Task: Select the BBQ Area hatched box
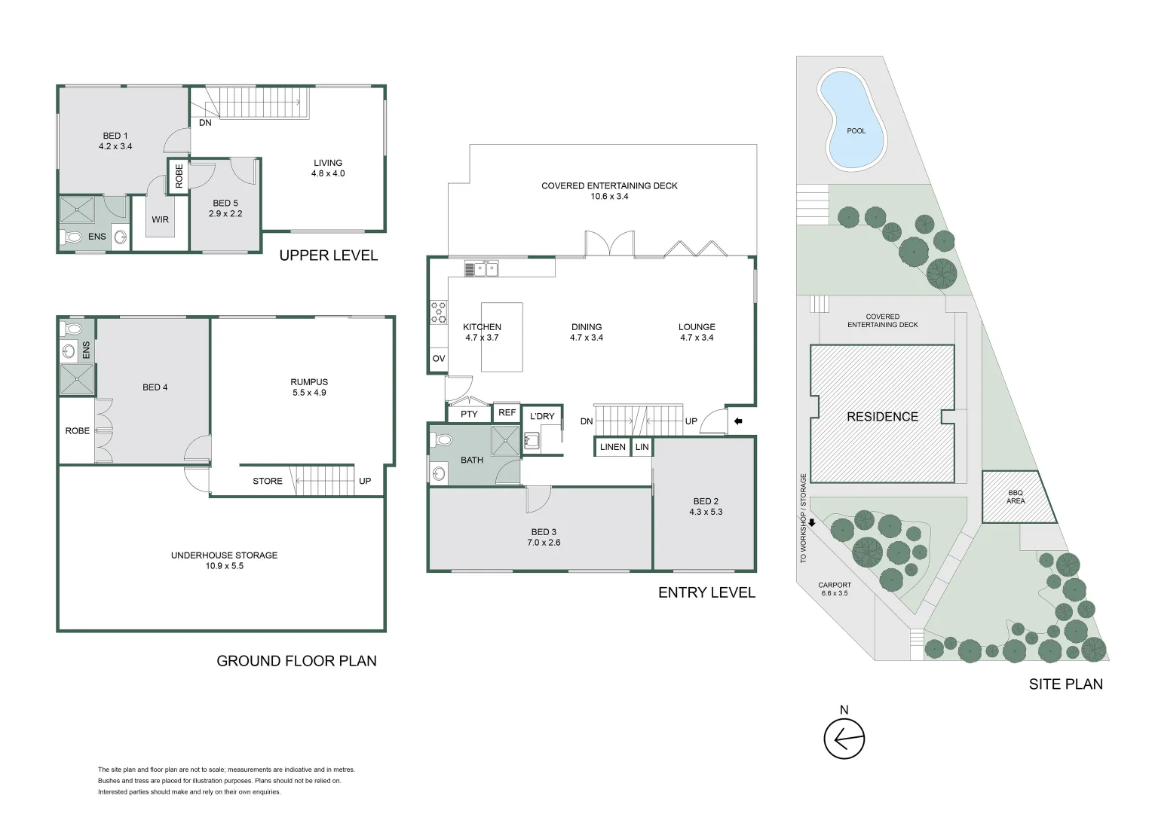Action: click(1017, 497)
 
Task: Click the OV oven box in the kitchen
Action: click(438, 359)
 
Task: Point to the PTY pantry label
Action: click(469, 415)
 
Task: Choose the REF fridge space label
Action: click(507, 412)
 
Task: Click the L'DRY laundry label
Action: click(541, 416)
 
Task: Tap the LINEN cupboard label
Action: click(612, 447)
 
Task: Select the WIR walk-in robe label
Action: click(160, 220)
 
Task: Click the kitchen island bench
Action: click(502, 337)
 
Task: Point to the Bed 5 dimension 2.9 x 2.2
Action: click(225, 213)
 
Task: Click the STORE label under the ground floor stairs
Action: click(268, 481)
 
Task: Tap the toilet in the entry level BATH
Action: click(441, 441)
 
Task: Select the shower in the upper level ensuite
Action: click(77, 210)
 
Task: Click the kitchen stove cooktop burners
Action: click(438, 313)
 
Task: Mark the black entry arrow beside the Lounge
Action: click(738, 421)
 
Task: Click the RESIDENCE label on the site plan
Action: click(882, 417)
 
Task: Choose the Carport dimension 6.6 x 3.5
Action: click(835, 593)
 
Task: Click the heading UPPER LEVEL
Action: click(328, 256)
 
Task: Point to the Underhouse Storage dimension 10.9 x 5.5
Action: click(224, 566)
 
